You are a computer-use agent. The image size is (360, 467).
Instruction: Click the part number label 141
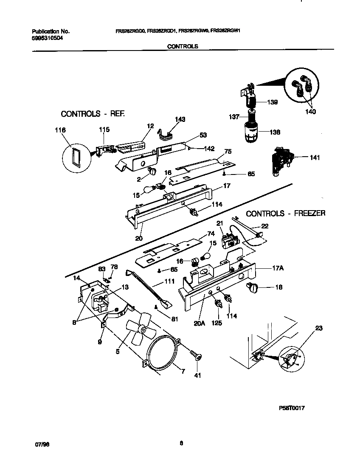(315, 158)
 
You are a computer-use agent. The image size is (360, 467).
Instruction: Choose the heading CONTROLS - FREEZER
(285, 213)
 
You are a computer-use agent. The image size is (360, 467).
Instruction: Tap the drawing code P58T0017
(292, 408)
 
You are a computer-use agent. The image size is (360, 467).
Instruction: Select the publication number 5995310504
(50, 37)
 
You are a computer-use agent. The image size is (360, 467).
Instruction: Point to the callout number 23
(319, 328)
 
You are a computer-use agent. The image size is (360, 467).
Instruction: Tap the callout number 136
(275, 132)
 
